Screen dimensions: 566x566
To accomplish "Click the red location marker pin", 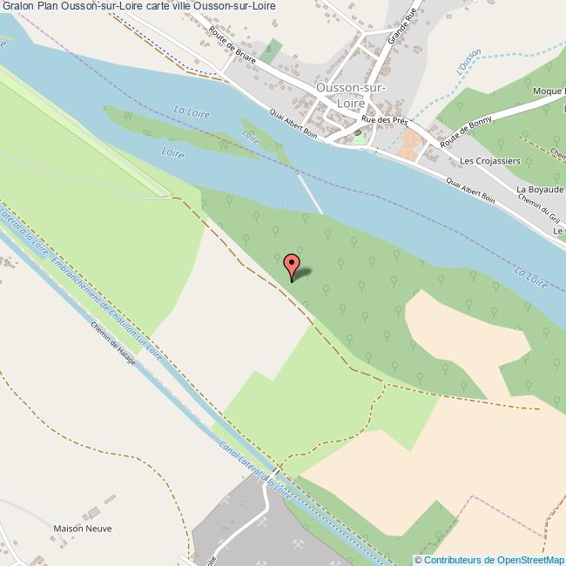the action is [292, 264].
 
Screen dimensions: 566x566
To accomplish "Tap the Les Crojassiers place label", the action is [490, 161].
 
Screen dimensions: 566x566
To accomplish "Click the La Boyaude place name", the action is [539, 189].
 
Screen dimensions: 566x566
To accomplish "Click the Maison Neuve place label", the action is [83, 528].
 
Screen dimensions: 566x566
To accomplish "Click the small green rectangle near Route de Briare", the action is [274, 50].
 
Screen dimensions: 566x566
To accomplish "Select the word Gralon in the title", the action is [17, 6].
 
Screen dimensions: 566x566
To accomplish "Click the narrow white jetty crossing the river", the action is [309, 193].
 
